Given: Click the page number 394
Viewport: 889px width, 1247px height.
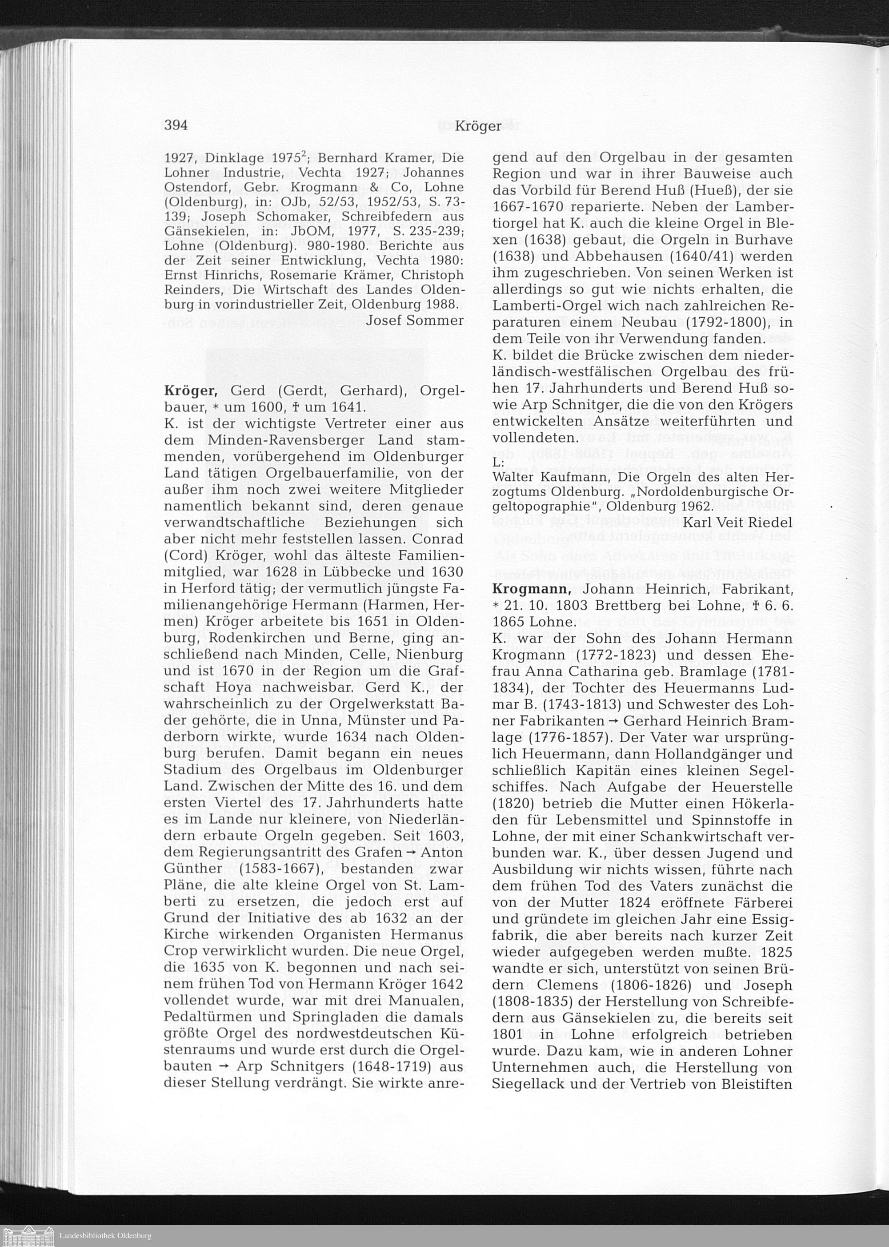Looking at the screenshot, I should [176, 125].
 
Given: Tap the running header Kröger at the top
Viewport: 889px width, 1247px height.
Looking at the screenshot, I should [477, 126].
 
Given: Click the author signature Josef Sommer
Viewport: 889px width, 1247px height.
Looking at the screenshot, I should [414, 320].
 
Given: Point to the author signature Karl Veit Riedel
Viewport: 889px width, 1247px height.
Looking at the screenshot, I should [737, 523].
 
